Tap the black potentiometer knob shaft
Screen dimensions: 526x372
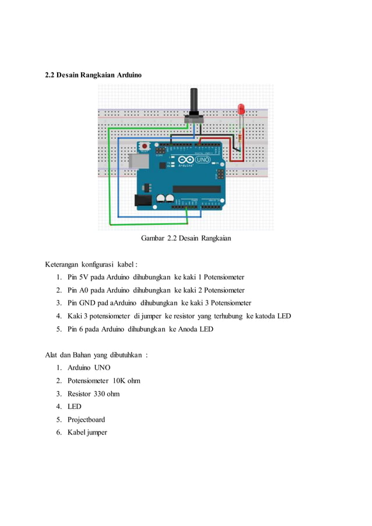click(x=194, y=100)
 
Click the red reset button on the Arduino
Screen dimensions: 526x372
click(x=143, y=146)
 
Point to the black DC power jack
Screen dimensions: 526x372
click(x=143, y=200)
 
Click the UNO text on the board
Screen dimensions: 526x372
click(x=201, y=159)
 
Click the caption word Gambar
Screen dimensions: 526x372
click(x=153, y=238)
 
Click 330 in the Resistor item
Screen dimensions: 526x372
click(x=101, y=394)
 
